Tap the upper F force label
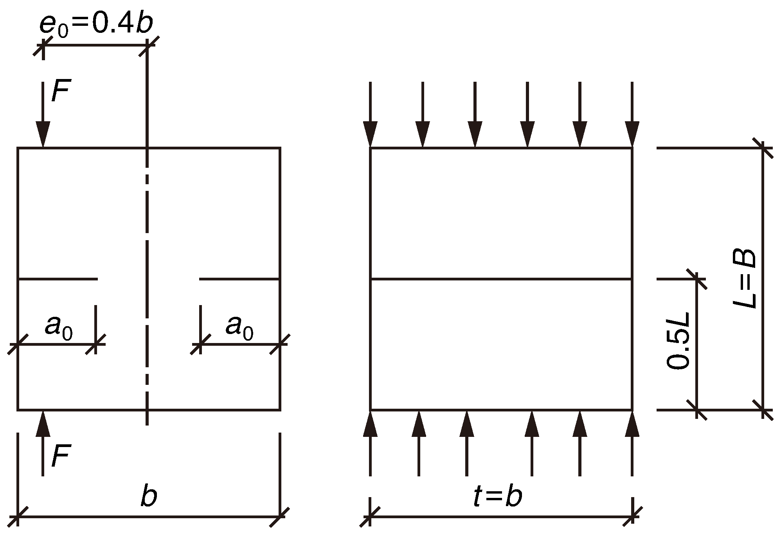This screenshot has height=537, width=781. (61, 92)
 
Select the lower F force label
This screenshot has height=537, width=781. (61, 456)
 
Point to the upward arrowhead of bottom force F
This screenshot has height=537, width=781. (43, 424)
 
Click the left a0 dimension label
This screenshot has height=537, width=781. (58, 327)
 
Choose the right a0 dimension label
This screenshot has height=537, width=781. (239, 327)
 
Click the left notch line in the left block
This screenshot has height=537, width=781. (58, 279)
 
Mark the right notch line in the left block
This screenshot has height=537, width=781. (239, 279)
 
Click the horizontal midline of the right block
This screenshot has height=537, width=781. (501, 279)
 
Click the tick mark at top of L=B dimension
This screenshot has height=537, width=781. (763, 148)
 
